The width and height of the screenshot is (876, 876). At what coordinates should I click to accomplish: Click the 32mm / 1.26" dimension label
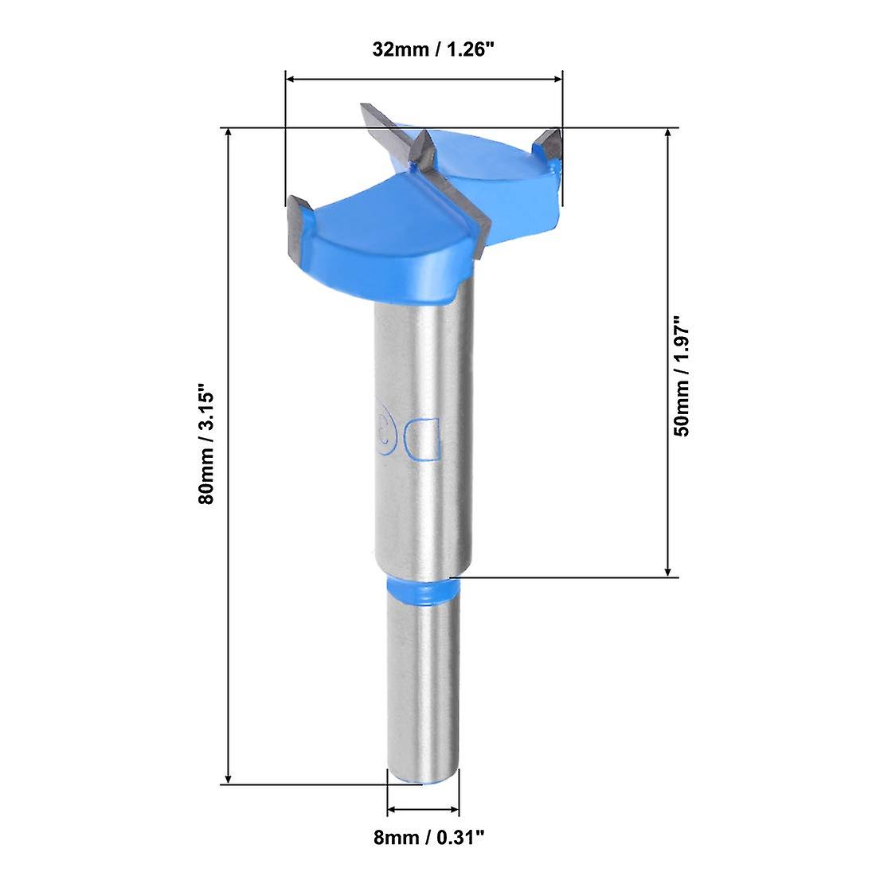(x=433, y=49)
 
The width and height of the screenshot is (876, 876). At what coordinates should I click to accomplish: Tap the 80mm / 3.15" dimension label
(x=205, y=444)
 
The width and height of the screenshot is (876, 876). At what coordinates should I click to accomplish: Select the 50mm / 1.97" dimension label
(x=682, y=376)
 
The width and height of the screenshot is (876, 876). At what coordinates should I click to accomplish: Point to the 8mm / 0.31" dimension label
(x=429, y=838)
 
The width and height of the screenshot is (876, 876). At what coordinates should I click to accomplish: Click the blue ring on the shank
(x=422, y=591)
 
